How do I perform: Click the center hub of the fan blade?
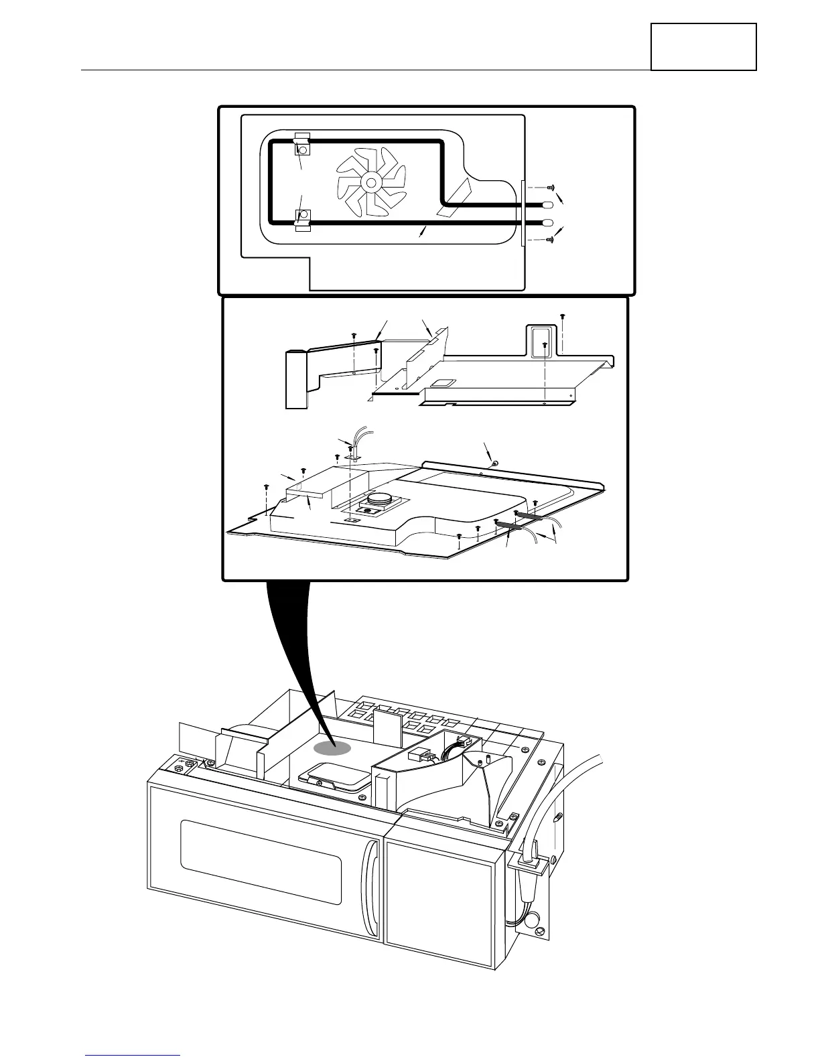click(x=370, y=182)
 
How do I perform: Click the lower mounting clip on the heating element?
click(x=302, y=217)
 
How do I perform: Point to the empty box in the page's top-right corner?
click(x=703, y=46)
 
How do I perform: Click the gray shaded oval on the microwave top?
click(x=334, y=749)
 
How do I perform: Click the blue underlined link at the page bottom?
click(x=134, y=1055)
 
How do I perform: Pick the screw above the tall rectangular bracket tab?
click(x=563, y=315)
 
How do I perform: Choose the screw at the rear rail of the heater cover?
click(x=494, y=463)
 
